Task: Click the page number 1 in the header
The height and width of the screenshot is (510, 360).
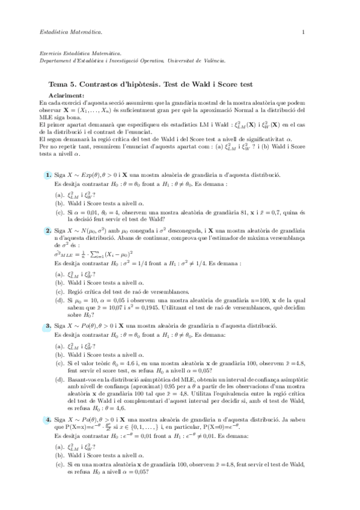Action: point(304,31)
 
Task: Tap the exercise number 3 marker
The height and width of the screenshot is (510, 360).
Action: point(47,325)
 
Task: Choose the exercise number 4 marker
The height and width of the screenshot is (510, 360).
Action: point(47,419)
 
